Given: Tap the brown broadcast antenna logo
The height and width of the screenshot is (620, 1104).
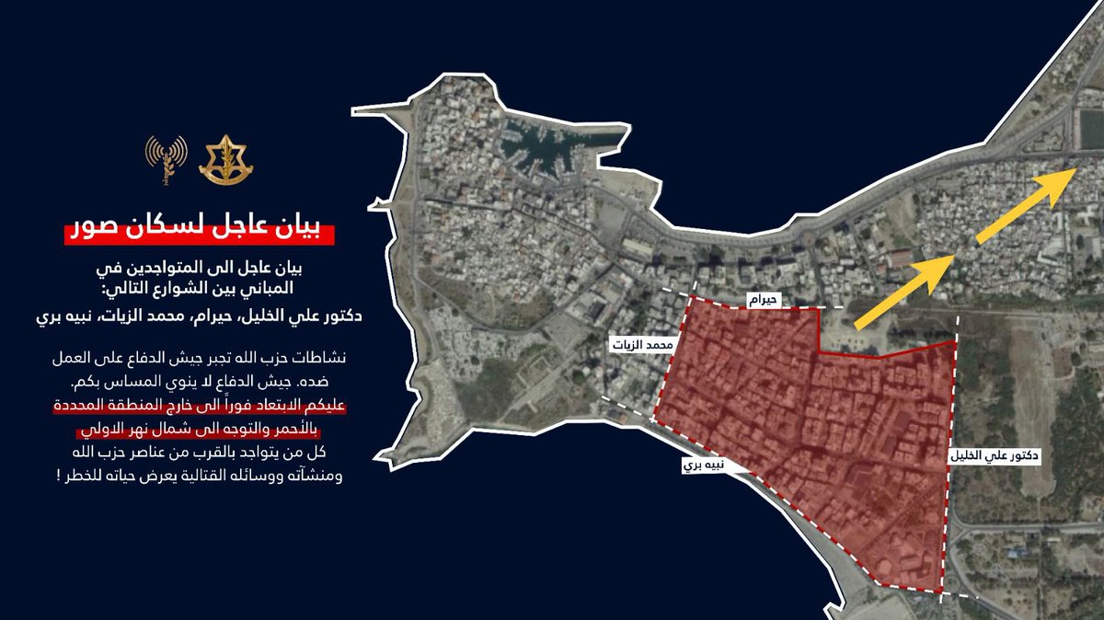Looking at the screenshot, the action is (167, 156).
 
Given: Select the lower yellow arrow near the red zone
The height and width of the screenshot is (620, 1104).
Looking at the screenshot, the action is (905, 293).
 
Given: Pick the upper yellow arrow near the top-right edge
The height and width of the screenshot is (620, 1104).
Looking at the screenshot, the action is (1027, 208).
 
